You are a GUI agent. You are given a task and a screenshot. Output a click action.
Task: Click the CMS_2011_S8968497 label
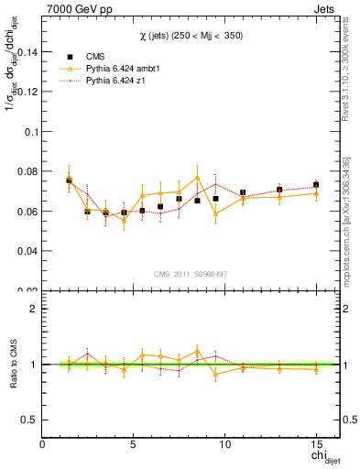(x=191, y=273)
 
